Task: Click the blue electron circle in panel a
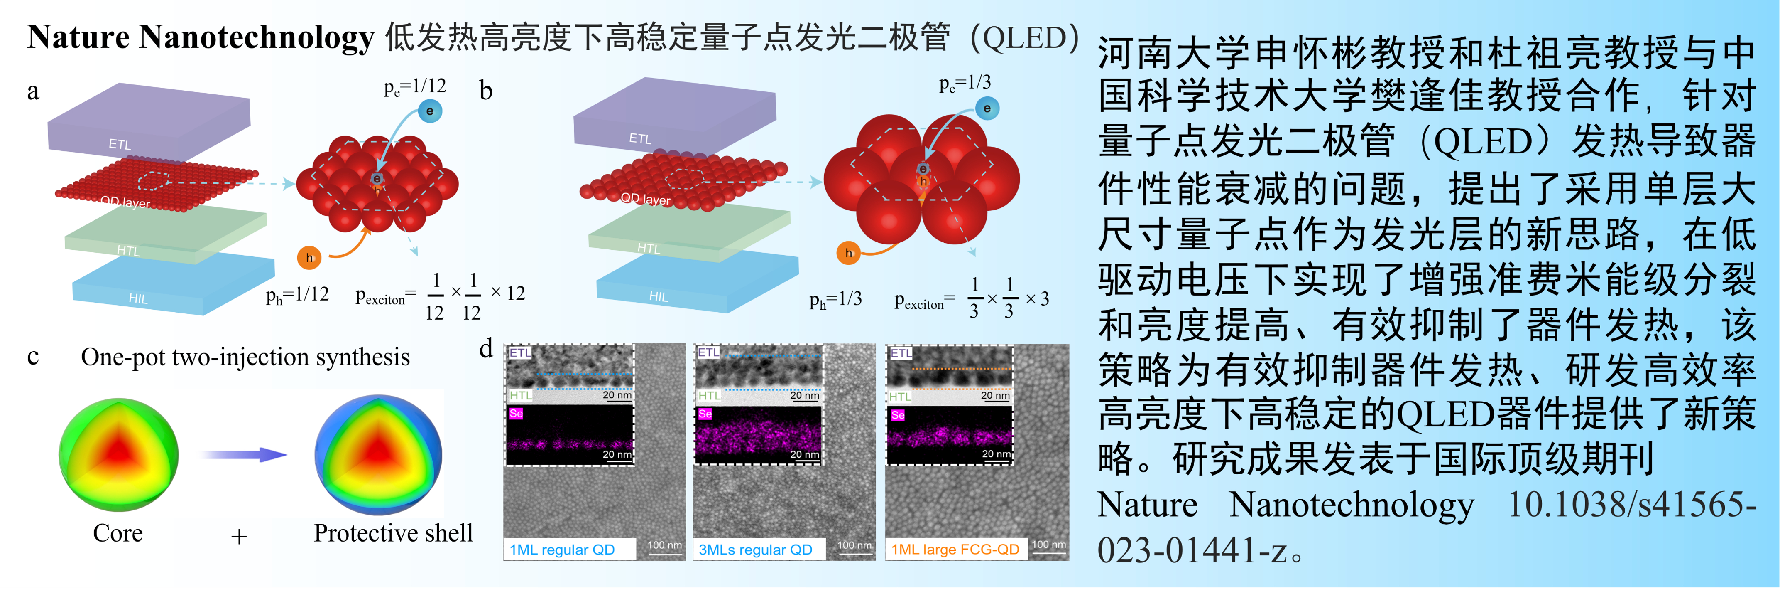(430, 111)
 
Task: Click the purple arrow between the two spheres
(244, 454)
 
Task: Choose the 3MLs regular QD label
(755, 550)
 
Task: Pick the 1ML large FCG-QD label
(955, 550)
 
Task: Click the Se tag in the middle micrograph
(705, 414)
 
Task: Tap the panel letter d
(486, 348)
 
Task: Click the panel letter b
(486, 91)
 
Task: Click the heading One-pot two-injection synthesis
(245, 357)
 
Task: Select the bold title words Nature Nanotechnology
(201, 37)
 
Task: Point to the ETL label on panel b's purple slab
(640, 138)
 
